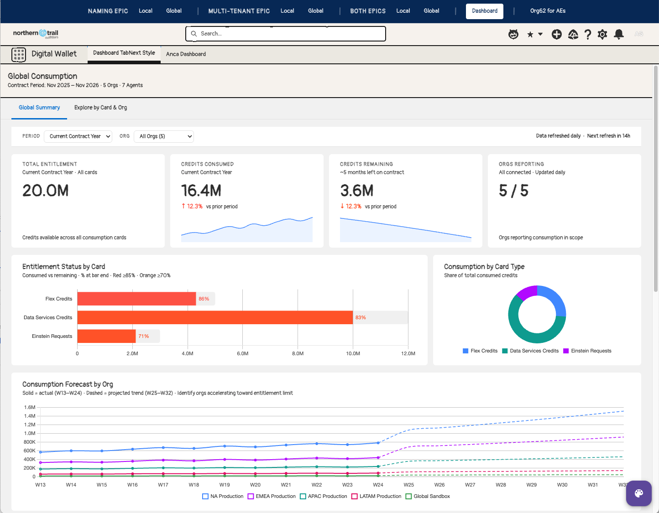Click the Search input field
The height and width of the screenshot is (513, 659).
[x=285, y=34]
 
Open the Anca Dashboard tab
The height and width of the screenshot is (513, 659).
[x=186, y=54]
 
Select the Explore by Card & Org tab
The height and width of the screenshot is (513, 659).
[x=100, y=108]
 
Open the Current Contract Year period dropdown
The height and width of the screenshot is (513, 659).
[x=78, y=136]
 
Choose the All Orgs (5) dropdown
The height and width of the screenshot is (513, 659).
[x=164, y=136]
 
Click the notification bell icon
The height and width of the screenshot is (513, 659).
[x=619, y=34]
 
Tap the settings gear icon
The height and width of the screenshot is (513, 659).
[x=602, y=34]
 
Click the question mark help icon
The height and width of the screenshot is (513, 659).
[x=588, y=34]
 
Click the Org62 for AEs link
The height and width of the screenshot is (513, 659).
[x=548, y=11]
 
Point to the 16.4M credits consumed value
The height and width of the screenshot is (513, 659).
[x=201, y=191]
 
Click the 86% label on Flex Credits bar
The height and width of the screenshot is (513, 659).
[x=204, y=299]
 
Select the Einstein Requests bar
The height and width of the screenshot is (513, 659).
[x=106, y=336]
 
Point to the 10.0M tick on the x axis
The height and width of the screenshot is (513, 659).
[x=353, y=353]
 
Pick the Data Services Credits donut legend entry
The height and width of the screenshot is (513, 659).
[x=530, y=351]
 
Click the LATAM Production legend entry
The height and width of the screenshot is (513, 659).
[x=377, y=496]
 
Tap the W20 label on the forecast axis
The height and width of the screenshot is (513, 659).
[x=255, y=485]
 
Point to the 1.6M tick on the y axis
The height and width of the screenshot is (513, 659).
[x=30, y=407]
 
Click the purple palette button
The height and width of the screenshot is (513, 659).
[x=638, y=493]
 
